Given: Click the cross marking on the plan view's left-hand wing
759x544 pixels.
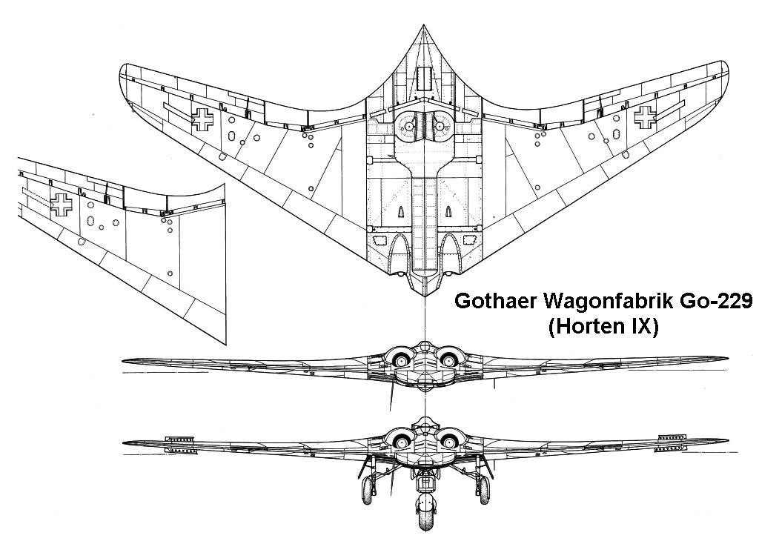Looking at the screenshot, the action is click(202, 119).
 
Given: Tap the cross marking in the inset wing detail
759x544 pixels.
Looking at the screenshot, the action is click(62, 204).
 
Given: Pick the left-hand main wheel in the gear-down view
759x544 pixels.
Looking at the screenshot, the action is click(368, 490).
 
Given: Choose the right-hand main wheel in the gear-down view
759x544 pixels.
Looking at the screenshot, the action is click(481, 490).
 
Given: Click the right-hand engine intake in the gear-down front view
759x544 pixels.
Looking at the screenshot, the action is click(448, 442).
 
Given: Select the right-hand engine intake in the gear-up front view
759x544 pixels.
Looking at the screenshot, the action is click(448, 360).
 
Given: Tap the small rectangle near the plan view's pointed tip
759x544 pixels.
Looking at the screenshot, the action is click(424, 76).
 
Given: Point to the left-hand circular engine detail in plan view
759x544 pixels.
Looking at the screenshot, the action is click(408, 127).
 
